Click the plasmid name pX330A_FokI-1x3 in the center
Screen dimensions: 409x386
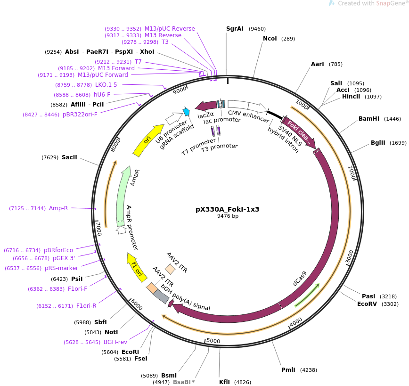coord(227,209)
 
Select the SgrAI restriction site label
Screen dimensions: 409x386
coord(235,29)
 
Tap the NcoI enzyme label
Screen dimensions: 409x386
coord(270,39)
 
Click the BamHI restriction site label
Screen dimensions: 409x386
coord(369,119)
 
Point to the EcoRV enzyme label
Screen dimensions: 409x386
coord(367,304)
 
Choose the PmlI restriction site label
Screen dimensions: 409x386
coord(288,370)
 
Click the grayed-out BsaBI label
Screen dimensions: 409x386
coord(182,382)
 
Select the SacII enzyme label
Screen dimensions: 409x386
coord(69,157)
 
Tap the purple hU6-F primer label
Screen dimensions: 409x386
coord(102,94)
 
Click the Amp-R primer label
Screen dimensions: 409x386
coord(58,208)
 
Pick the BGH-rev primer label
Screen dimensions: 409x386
coord(115,342)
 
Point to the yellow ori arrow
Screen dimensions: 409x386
coord(147,140)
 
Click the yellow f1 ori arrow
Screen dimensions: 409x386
coord(137,267)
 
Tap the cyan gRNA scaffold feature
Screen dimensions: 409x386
coord(186,111)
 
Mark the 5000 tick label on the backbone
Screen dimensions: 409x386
coord(213,341)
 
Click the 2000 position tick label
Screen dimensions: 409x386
coord(352,173)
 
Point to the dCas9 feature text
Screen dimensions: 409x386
coord(300,279)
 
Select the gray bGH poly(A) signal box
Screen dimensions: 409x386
coord(161,296)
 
